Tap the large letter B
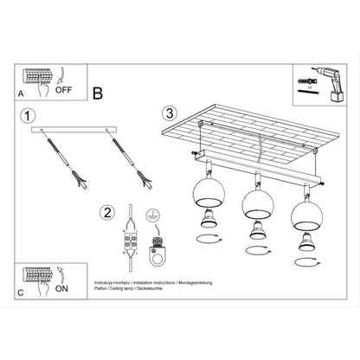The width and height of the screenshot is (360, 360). tap(98, 92)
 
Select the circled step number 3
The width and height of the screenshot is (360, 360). tap(170, 112)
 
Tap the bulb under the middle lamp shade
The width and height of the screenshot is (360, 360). tap(254, 230)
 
